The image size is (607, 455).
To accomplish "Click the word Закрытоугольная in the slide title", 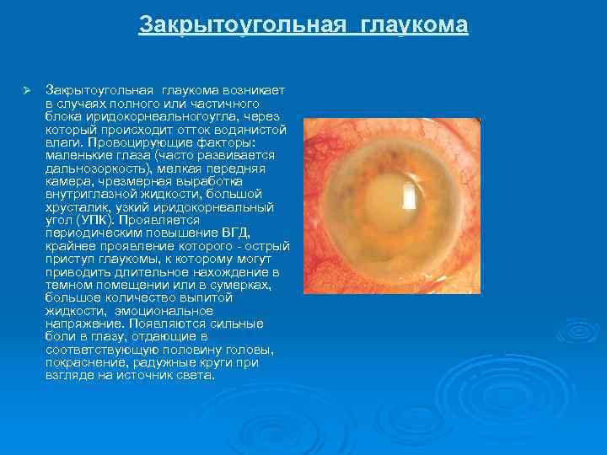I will (242, 25).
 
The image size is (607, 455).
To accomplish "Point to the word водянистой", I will (253, 130).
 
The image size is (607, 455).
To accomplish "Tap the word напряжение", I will (83, 324).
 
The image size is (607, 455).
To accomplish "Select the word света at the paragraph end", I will (195, 376).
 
